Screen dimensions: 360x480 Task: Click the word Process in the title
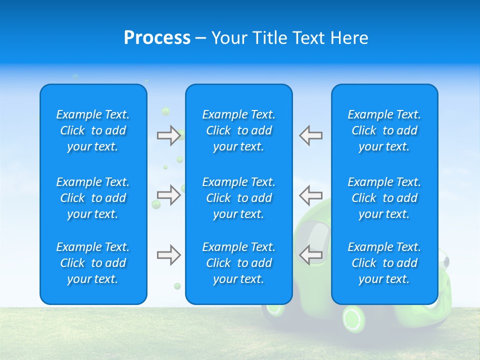[x=157, y=38]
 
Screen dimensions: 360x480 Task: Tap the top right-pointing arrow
[x=168, y=135]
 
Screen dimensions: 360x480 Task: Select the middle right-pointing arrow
[x=168, y=195]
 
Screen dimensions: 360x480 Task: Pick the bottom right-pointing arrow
[x=168, y=255]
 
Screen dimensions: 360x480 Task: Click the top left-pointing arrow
[x=310, y=135]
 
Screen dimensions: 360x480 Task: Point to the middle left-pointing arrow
[x=310, y=195]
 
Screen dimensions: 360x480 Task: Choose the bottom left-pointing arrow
[x=310, y=255]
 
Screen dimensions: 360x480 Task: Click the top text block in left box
[x=93, y=130]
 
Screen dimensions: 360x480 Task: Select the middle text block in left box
[x=93, y=198]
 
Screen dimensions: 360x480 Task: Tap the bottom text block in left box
[x=93, y=263]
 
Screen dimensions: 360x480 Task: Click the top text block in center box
[x=239, y=130]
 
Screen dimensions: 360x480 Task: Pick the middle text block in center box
[x=239, y=198]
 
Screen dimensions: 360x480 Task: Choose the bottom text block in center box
[x=239, y=263]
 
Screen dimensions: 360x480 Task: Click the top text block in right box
[x=384, y=130]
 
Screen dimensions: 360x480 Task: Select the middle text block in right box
[x=384, y=198]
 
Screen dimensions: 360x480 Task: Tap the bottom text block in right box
[x=384, y=263]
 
